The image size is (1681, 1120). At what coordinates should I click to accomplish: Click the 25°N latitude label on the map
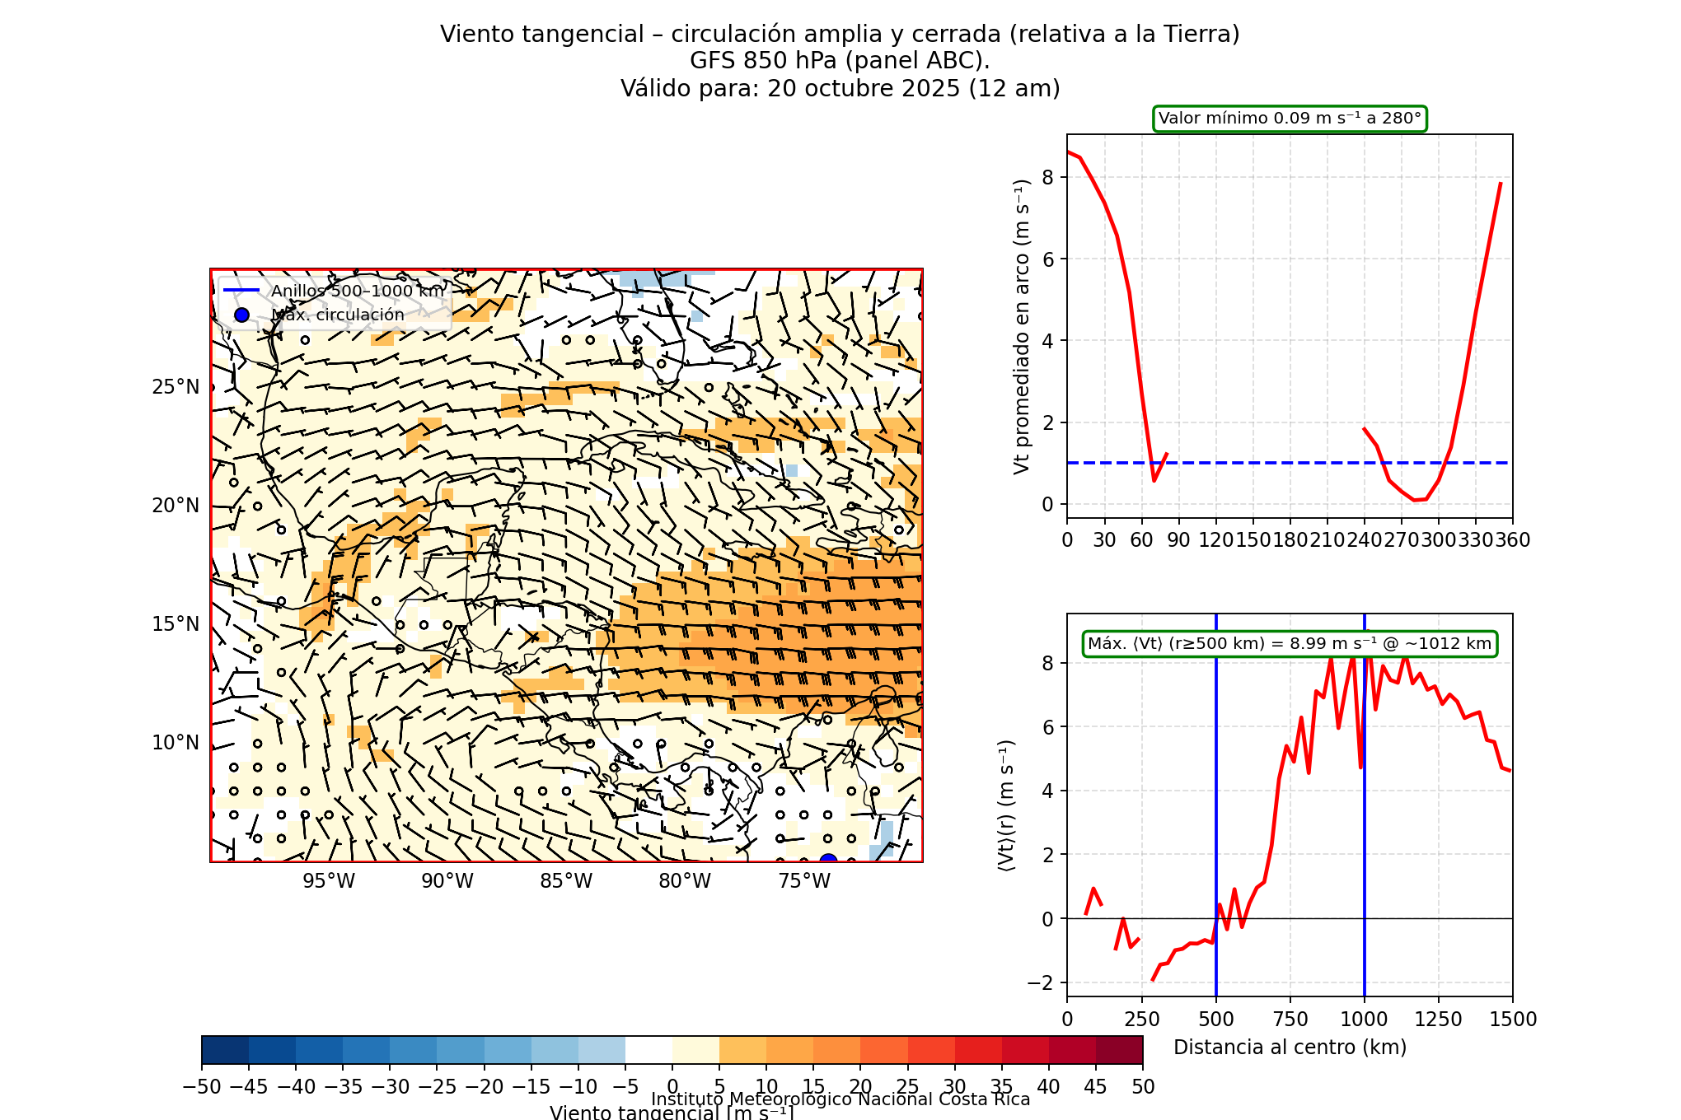coord(176,387)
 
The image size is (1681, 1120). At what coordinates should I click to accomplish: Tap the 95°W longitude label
coord(329,881)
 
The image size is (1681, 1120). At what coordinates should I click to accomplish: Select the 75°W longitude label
coord(804,881)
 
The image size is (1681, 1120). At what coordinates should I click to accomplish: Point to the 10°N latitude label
coord(176,743)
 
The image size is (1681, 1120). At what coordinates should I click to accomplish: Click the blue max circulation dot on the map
coord(828,860)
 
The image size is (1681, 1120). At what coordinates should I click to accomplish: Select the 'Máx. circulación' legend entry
coord(338,315)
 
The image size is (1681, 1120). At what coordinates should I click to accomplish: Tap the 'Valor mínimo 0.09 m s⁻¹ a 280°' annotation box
coord(1290,119)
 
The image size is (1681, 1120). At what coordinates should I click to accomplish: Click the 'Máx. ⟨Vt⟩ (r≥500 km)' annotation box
coord(1290,644)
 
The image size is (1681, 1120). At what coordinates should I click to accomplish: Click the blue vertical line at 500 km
coord(1216,824)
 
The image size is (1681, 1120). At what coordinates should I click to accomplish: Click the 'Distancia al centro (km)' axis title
coord(1290,1048)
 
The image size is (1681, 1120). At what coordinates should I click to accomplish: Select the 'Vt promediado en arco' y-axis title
coord(1022,326)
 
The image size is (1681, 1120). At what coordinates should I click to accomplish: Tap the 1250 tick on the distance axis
coord(1439,1020)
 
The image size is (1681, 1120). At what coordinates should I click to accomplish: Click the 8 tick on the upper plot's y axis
coord(1048,178)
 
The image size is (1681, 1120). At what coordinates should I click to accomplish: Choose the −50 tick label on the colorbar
coord(201,1087)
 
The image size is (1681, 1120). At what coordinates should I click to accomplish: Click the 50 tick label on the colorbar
coord(1143,1087)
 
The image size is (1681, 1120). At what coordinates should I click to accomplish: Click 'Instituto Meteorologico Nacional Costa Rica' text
coord(840,1099)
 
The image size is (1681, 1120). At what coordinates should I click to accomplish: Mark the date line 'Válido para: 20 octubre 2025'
coord(840,88)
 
